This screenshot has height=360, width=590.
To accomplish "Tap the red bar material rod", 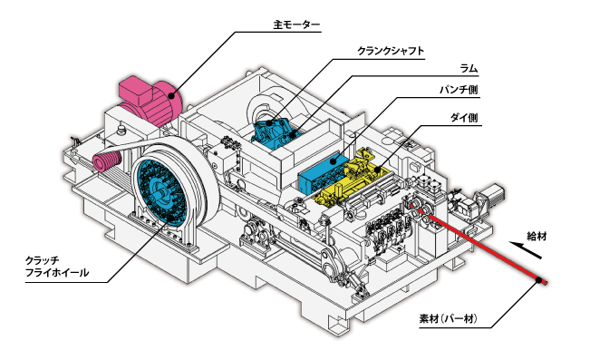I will (x=480, y=245).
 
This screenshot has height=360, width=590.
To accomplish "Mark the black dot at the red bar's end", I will (x=540, y=280).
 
